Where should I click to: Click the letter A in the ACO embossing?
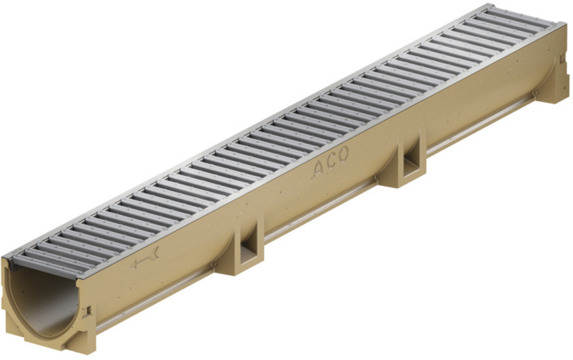pos(317,169)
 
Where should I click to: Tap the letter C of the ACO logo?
pos(331,162)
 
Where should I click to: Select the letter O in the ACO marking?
pos(344,156)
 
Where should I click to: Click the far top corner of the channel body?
pos(563,26)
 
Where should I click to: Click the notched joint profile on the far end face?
pos(559,66)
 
